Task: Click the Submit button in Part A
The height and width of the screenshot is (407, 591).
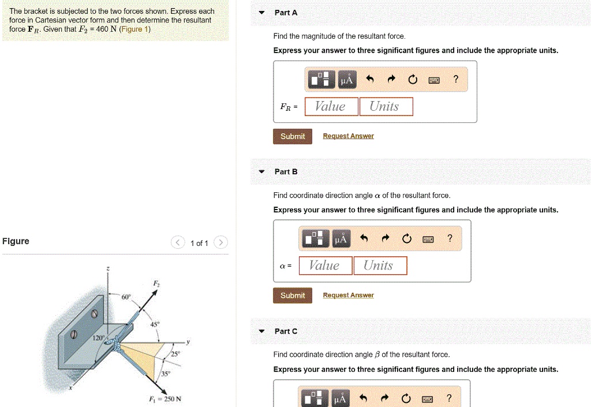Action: [x=293, y=136]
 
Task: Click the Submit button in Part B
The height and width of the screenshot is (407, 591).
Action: [x=293, y=296]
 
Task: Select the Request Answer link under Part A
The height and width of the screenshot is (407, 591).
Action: [x=348, y=136]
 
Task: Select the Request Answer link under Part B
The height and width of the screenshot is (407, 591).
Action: [x=348, y=296]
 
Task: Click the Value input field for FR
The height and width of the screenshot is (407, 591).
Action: [x=330, y=107]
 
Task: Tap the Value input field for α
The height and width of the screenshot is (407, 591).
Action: [x=324, y=266]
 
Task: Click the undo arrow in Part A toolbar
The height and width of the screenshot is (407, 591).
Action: [x=371, y=80]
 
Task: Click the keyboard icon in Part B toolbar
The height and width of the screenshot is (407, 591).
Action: [x=428, y=239]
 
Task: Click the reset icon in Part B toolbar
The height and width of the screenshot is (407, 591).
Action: [x=406, y=239]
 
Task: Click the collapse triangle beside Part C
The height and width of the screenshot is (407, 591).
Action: [x=262, y=331]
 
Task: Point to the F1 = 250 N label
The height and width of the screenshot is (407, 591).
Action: [x=166, y=399]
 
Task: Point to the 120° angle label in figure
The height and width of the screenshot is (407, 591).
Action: [x=99, y=338]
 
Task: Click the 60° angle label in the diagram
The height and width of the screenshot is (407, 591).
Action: [x=126, y=297]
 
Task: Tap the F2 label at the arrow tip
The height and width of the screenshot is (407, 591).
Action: [x=156, y=283]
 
